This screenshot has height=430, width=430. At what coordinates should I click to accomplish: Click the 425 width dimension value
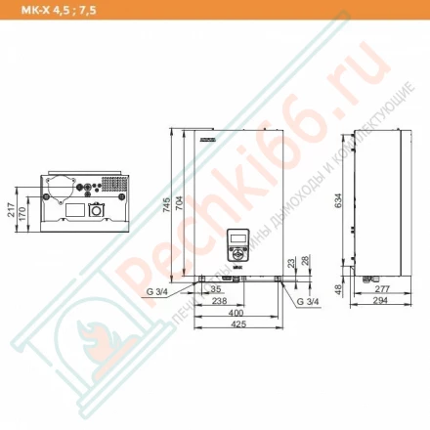pyautogui.click(x=237, y=325)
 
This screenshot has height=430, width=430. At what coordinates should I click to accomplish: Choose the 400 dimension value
pyautogui.click(x=237, y=314)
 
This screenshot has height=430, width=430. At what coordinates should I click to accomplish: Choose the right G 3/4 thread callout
pyautogui.click(x=307, y=302)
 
